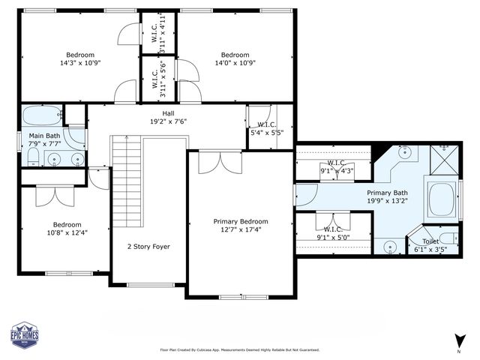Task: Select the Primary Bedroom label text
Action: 240,221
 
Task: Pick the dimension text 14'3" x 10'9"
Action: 79,63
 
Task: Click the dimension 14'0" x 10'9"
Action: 234,63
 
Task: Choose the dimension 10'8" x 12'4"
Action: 67,232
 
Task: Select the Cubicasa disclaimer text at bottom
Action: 239,349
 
